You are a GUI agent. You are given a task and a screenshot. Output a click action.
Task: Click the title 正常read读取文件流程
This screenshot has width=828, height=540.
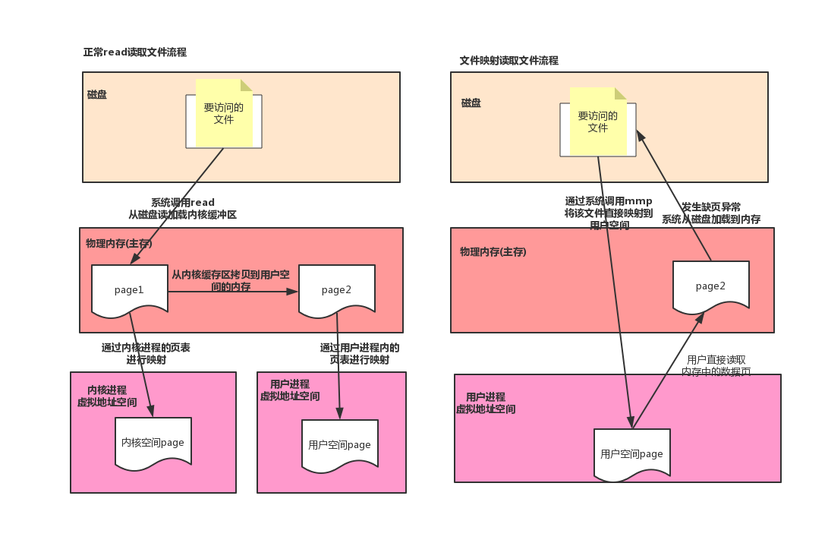click(134, 52)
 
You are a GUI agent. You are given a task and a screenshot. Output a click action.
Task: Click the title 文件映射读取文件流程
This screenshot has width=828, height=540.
click(508, 60)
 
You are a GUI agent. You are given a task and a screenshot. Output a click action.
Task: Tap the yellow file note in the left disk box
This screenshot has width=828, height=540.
click(224, 113)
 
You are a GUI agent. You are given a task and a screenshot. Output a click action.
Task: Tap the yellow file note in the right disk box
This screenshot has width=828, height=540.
click(598, 122)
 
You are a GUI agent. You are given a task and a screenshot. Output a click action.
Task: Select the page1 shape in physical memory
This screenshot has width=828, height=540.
click(130, 289)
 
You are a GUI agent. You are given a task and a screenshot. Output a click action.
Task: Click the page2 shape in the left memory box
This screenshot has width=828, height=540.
click(337, 289)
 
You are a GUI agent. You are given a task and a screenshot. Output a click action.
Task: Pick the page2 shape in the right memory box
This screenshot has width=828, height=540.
click(711, 286)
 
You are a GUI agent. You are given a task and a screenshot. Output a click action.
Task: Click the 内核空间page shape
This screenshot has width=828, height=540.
click(153, 442)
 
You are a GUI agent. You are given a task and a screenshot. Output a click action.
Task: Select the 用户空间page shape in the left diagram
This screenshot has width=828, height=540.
click(340, 444)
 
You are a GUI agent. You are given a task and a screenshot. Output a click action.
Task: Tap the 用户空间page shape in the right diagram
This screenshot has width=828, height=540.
click(632, 453)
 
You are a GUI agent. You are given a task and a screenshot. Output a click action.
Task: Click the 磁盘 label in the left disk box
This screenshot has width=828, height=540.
click(97, 95)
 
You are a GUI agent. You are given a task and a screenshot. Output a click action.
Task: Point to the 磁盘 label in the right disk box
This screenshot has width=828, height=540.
click(471, 103)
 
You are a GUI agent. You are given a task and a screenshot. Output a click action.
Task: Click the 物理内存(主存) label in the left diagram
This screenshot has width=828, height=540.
click(119, 244)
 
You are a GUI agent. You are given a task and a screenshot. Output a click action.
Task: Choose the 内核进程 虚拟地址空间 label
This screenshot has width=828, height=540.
click(107, 396)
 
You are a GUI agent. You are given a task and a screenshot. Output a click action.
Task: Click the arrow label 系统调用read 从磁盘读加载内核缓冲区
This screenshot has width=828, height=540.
click(183, 209)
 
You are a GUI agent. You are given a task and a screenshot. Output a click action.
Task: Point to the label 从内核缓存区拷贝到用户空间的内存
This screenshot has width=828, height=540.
click(230, 280)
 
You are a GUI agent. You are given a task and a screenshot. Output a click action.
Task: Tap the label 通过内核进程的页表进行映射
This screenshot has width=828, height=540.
click(146, 353)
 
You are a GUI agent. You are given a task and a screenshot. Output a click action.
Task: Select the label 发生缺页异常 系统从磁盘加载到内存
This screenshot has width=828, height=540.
click(711, 213)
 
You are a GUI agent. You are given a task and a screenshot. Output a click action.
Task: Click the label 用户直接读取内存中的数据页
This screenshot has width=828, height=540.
click(716, 365)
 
